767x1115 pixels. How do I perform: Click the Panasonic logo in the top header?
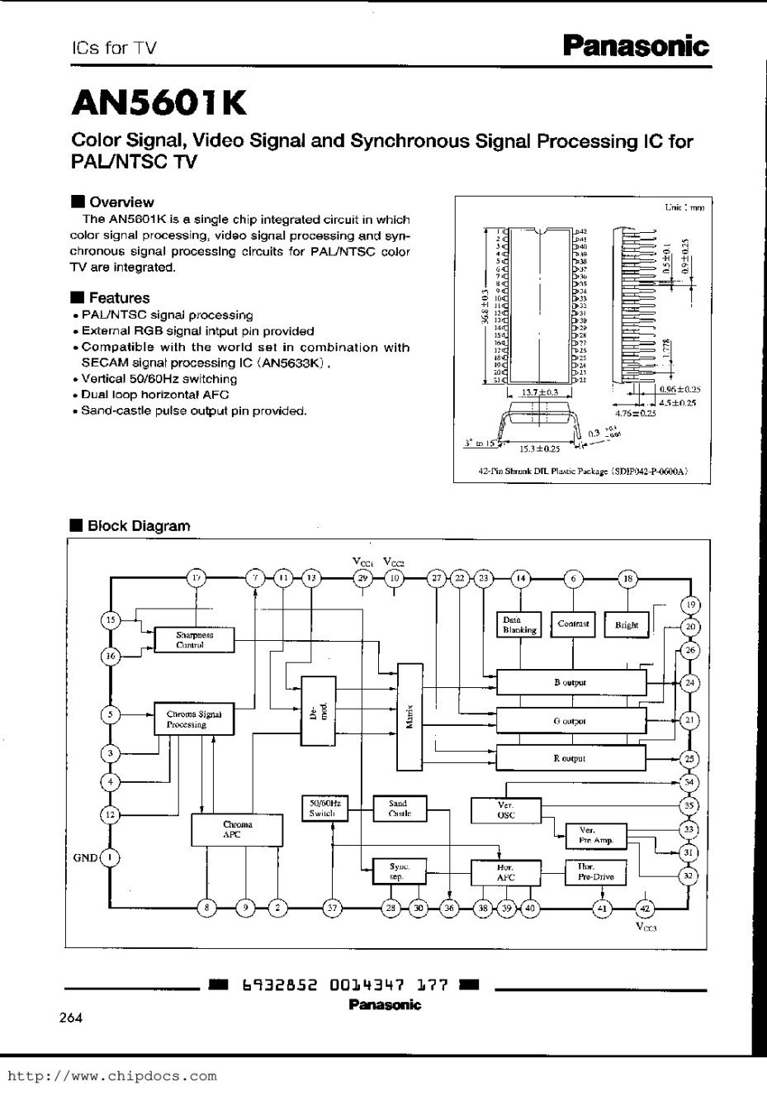point(635,46)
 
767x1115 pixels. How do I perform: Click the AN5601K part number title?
point(159,103)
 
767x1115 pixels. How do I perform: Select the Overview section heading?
point(121,202)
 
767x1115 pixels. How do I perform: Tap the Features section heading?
point(119,298)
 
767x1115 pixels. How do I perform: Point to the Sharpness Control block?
point(194,640)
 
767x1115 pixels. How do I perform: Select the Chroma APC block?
point(237,829)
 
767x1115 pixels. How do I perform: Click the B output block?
point(571,683)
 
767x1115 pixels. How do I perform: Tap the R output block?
point(571,757)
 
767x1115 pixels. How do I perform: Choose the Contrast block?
point(573,624)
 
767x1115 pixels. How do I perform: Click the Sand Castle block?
point(398,808)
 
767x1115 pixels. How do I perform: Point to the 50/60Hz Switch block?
point(323,808)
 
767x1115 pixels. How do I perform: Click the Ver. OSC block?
point(506,810)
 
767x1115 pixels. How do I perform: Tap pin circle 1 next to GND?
point(110,857)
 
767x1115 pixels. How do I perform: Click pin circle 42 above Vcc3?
point(646,909)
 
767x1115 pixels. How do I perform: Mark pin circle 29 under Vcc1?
point(362,578)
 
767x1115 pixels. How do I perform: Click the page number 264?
point(71,1018)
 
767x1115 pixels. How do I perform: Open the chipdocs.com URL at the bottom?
point(112,1076)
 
